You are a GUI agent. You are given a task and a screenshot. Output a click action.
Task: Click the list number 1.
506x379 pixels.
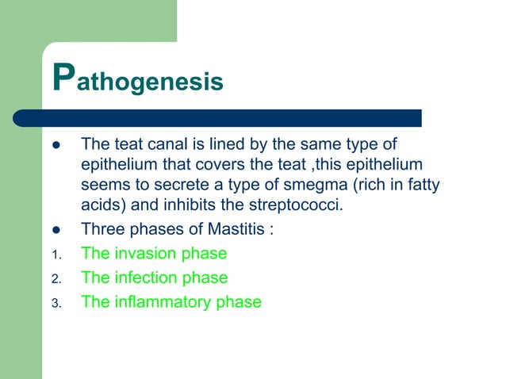tap(55, 255)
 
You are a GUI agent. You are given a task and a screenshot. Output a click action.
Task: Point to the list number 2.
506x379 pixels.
tap(55, 279)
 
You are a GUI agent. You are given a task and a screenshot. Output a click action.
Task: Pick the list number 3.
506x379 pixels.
tap(55, 303)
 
